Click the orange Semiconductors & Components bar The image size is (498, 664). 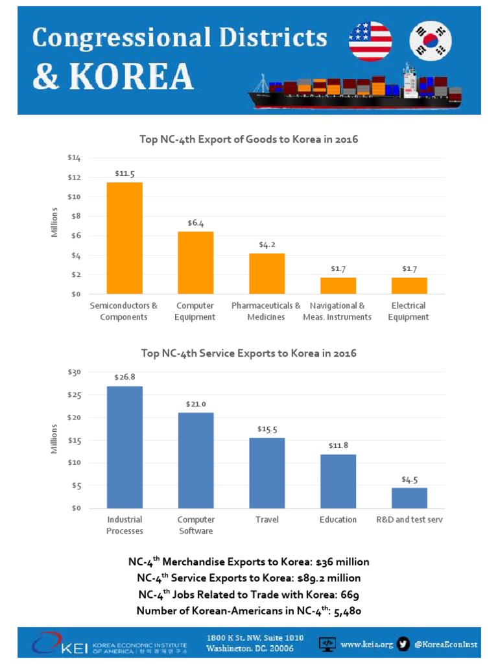[x=124, y=238]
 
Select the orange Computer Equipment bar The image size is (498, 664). [x=195, y=263]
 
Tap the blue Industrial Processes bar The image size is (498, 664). [x=124, y=447]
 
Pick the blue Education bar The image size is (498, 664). [x=338, y=481]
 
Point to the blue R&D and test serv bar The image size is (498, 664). [x=409, y=497]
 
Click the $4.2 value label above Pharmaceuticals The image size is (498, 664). [x=267, y=244]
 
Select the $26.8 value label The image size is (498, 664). [x=124, y=377]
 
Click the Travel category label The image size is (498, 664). [x=267, y=519]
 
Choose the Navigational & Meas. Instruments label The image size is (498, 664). [x=337, y=311]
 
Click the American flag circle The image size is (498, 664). [x=370, y=41]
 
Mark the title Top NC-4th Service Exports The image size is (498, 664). [x=248, y=353]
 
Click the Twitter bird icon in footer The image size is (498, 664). [x=403, y=645]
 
